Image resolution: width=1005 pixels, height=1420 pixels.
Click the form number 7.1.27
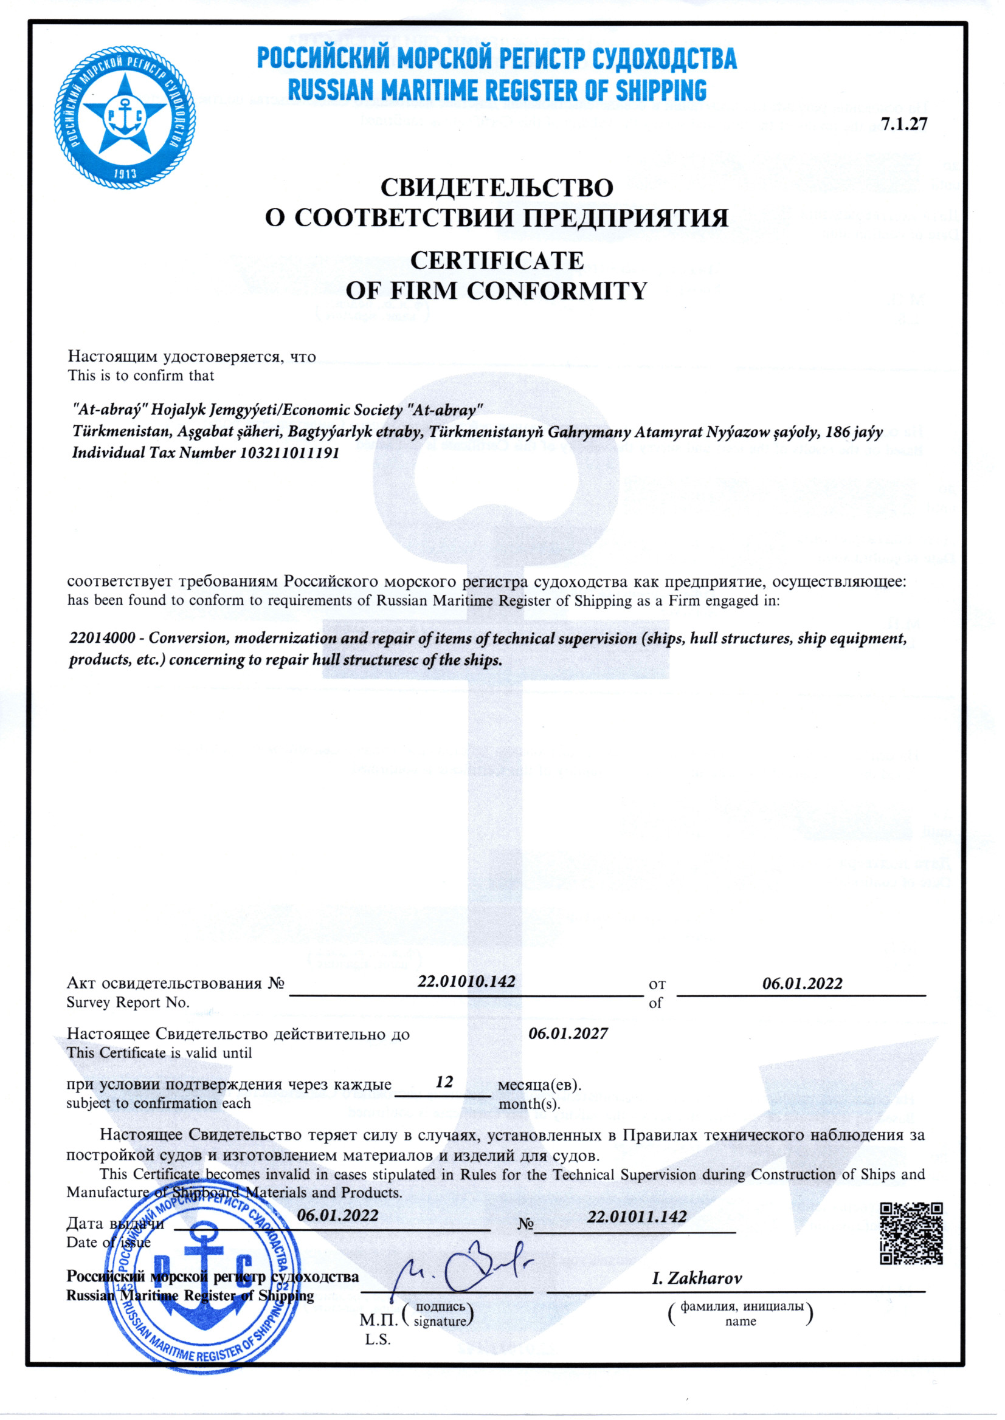click(x=904, y=124)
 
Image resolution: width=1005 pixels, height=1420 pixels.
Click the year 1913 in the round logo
click(x=125, y=174)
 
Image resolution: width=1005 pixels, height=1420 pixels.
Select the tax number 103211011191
click(x=289, y=453)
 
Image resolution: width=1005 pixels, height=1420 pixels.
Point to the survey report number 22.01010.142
click(x=466, y=981)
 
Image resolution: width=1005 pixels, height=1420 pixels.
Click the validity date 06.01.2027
click(x=568, y=1034)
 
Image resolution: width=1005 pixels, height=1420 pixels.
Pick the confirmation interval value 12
click(x=444, y=1082)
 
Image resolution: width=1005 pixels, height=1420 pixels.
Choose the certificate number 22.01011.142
click(x=637, y=1216)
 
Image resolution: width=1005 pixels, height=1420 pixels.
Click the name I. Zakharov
click(x=697, y=1278)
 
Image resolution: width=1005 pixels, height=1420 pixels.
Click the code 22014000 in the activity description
click(x=102, y=637)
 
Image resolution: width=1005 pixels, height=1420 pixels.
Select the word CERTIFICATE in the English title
click(x=497, y=261)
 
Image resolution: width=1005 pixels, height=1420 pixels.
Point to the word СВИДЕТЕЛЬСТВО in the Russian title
click(x=497, y=187)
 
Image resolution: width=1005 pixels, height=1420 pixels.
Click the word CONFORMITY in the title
click(x=556, y=290)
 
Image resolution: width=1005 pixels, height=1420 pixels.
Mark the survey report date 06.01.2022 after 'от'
click(x=802, y=983)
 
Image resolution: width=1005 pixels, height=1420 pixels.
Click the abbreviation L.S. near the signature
click(x=378, y=1340)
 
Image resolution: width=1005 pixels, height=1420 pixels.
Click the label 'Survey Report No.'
click(x=128, y=1003)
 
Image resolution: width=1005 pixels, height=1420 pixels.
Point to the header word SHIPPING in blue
click(x=660, y=91)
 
